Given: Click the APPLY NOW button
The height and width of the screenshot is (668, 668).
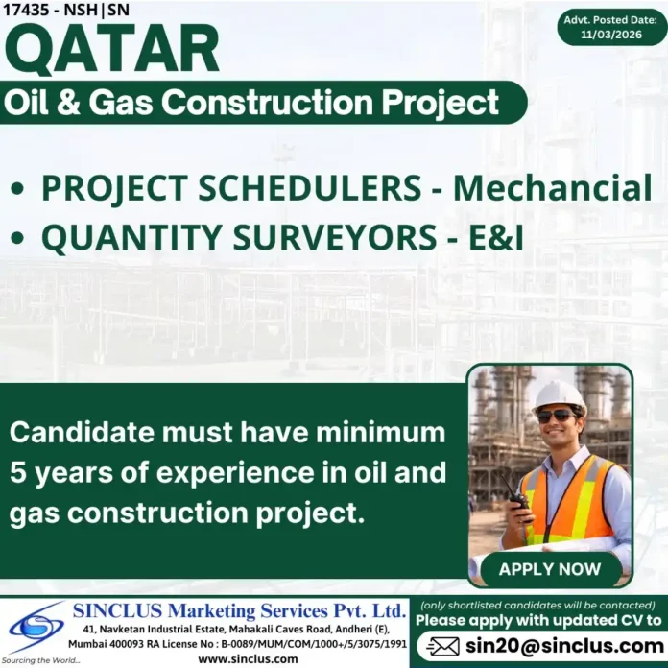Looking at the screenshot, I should pos(549,569).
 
